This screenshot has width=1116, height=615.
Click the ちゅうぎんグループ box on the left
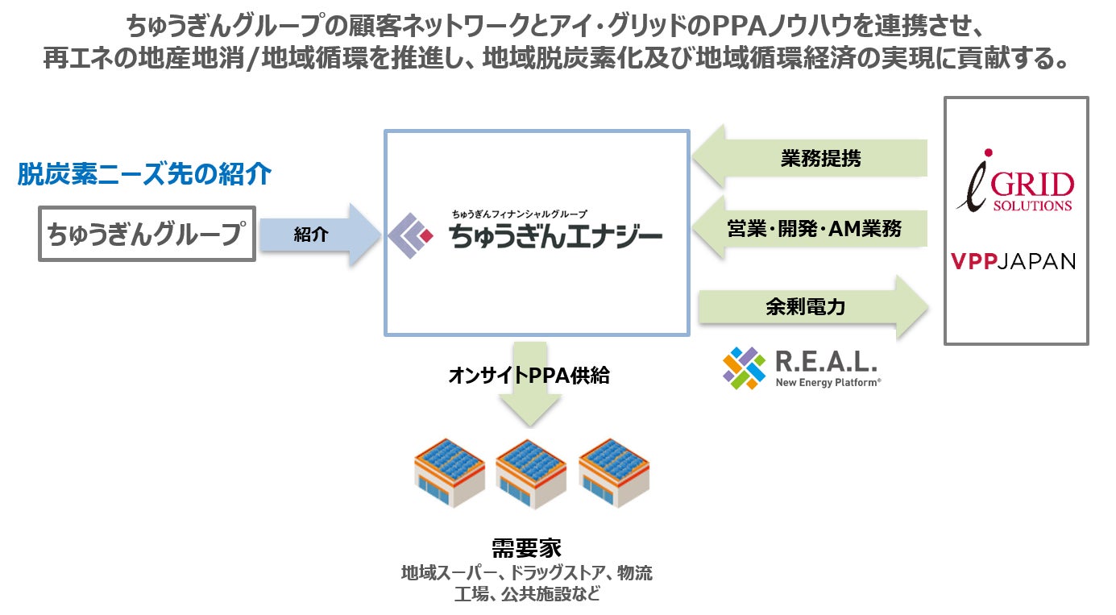point(147,234)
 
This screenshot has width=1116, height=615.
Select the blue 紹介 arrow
point(317,235)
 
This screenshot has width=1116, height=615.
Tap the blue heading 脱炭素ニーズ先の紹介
point(144,174)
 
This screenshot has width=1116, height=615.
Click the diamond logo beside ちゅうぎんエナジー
point(411,235)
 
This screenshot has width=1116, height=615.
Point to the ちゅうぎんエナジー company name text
point(556,236)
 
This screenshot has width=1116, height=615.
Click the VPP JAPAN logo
point(1013,261)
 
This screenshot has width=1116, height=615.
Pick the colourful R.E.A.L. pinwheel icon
point(744,368)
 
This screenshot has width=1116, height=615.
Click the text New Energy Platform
point(828,382)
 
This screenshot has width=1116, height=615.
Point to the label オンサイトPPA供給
point(529,376)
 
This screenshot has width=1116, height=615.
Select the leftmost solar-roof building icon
point(449,472)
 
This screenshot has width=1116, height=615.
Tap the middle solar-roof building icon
point(531,472)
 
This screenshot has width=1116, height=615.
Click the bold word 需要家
point(526,547)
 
